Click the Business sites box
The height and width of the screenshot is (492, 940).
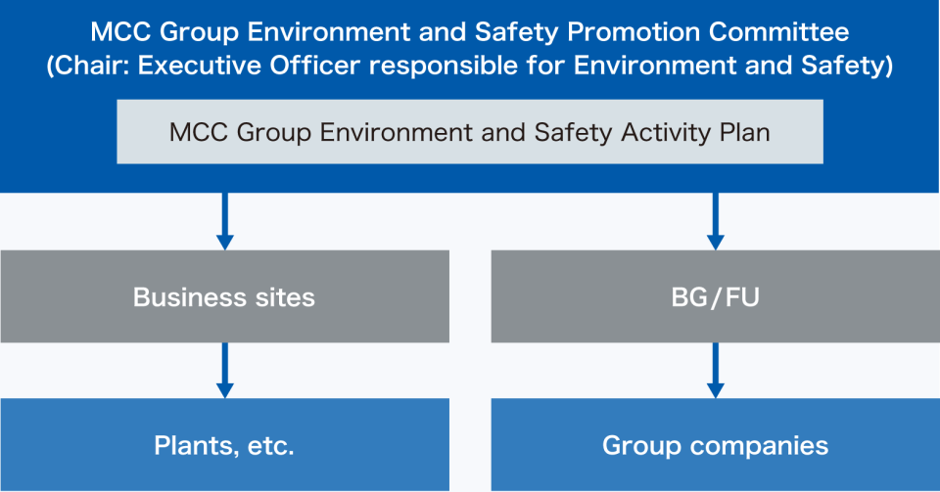225,296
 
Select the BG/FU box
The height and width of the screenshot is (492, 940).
715,296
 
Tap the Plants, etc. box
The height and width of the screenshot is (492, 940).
225,445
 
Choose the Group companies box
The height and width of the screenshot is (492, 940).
715,445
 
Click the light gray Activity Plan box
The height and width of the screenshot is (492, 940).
470,132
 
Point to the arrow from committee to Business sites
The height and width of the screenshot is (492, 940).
225,221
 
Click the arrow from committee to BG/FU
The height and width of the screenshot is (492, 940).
715,221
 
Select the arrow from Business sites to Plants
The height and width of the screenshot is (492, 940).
225,371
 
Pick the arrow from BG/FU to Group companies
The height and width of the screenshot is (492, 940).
715,371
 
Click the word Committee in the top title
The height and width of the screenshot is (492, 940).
778,31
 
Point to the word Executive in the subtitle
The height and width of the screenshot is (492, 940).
200,66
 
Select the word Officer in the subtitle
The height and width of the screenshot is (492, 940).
314,66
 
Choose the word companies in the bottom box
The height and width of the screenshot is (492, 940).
759,446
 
